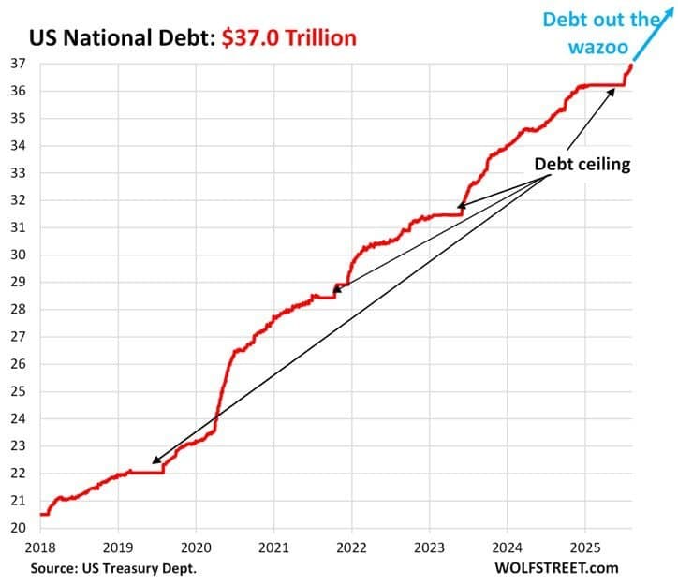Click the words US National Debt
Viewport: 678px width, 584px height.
(112, 37)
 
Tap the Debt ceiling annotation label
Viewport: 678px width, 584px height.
(582, 163)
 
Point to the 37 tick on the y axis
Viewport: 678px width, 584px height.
(18, 64)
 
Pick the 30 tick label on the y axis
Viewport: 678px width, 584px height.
(18, 255)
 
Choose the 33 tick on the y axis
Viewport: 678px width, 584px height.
(18, 173)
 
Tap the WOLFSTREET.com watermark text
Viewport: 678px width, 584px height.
(561, 567)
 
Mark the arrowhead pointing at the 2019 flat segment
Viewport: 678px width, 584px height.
(156, 460)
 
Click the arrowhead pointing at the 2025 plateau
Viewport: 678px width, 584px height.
(612, 93)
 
